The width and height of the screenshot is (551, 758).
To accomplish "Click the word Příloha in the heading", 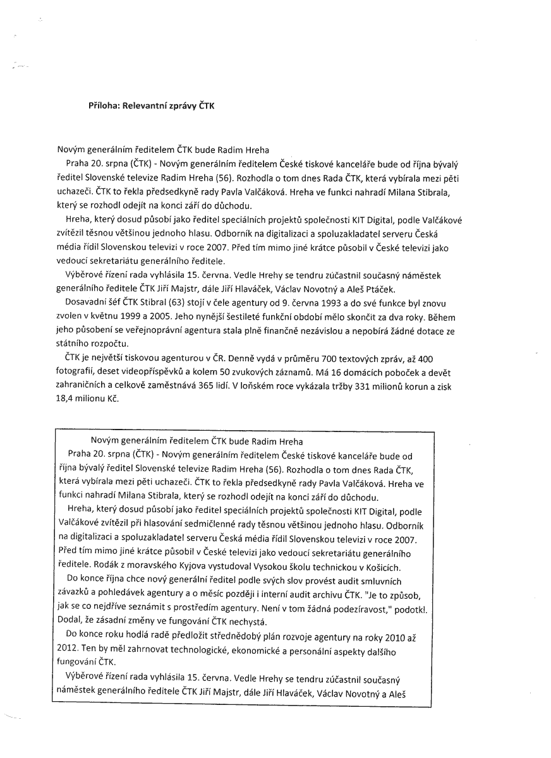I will pyautogui.click(x=104, y=106).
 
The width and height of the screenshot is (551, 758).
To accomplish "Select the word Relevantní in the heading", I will pyautogui.click(x=143, y=106).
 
